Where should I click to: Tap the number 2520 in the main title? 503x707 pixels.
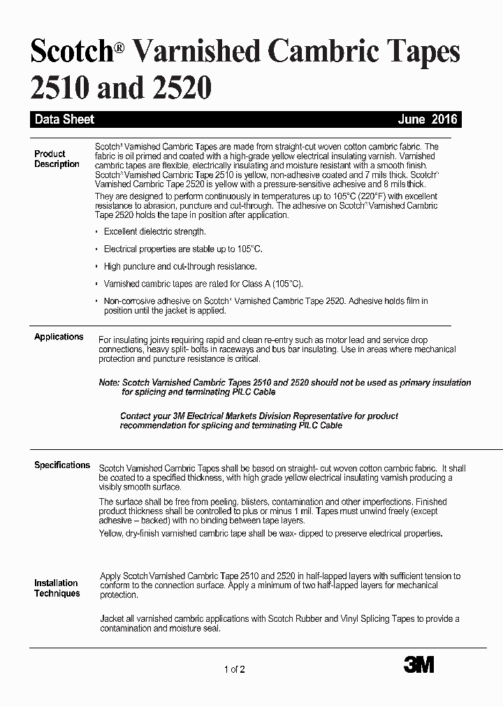coord(178,88)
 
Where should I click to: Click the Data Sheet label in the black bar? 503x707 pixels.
coord(64,119)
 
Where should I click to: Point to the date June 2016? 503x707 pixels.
coord(428,119)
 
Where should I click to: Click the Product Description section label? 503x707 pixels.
coord(56,159)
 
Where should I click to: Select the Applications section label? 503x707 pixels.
coord(59,337)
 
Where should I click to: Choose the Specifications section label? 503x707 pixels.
coord(62,465)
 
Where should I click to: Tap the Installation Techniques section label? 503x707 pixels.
coord(57,588)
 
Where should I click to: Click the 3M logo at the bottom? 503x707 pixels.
coord(418,665)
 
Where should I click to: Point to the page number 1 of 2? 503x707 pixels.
coord(235,670)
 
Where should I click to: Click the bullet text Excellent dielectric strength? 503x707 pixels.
coord(154,231)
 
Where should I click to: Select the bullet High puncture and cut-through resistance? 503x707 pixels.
coord(180,266)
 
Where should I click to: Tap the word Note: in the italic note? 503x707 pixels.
coord(109,383)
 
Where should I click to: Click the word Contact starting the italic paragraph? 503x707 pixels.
coord(137,416)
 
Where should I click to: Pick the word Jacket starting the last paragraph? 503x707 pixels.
coord(112,619)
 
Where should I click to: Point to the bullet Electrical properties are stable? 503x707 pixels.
coord(183,249)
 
